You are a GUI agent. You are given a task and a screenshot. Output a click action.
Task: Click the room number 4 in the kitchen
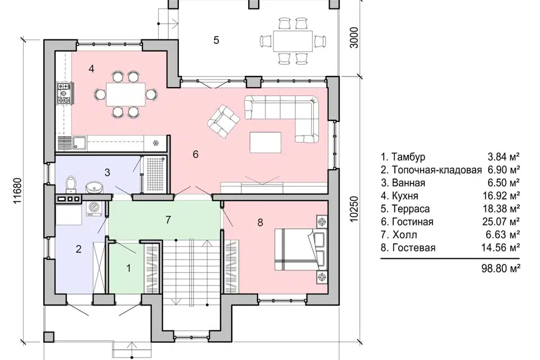coord(91,69)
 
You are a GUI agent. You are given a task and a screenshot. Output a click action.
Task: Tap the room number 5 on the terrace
coord(216,40)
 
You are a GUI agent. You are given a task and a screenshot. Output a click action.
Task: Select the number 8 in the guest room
coord(260,223)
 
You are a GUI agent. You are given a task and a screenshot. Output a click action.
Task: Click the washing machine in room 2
coord(93,209)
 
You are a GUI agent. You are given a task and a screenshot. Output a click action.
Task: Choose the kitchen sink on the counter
coord(79,143)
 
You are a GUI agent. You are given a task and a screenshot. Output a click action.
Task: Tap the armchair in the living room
coord(223,121)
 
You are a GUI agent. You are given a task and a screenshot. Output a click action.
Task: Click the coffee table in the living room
coord(265,142)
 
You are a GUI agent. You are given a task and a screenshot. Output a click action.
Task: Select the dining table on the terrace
coord(293,41)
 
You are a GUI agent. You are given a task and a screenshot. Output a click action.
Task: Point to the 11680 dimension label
coord(18,191)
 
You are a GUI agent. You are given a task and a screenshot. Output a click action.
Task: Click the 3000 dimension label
coord(354,38)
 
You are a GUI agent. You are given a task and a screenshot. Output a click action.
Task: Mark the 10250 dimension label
coord(354,209)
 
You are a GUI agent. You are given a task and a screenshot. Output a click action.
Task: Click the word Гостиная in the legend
coord(412,222)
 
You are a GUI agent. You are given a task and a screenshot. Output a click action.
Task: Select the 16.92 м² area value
coord(501,196)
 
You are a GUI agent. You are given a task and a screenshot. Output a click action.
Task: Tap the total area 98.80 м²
coord(501,268)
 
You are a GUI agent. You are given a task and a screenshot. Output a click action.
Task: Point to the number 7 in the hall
coord(168,220)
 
